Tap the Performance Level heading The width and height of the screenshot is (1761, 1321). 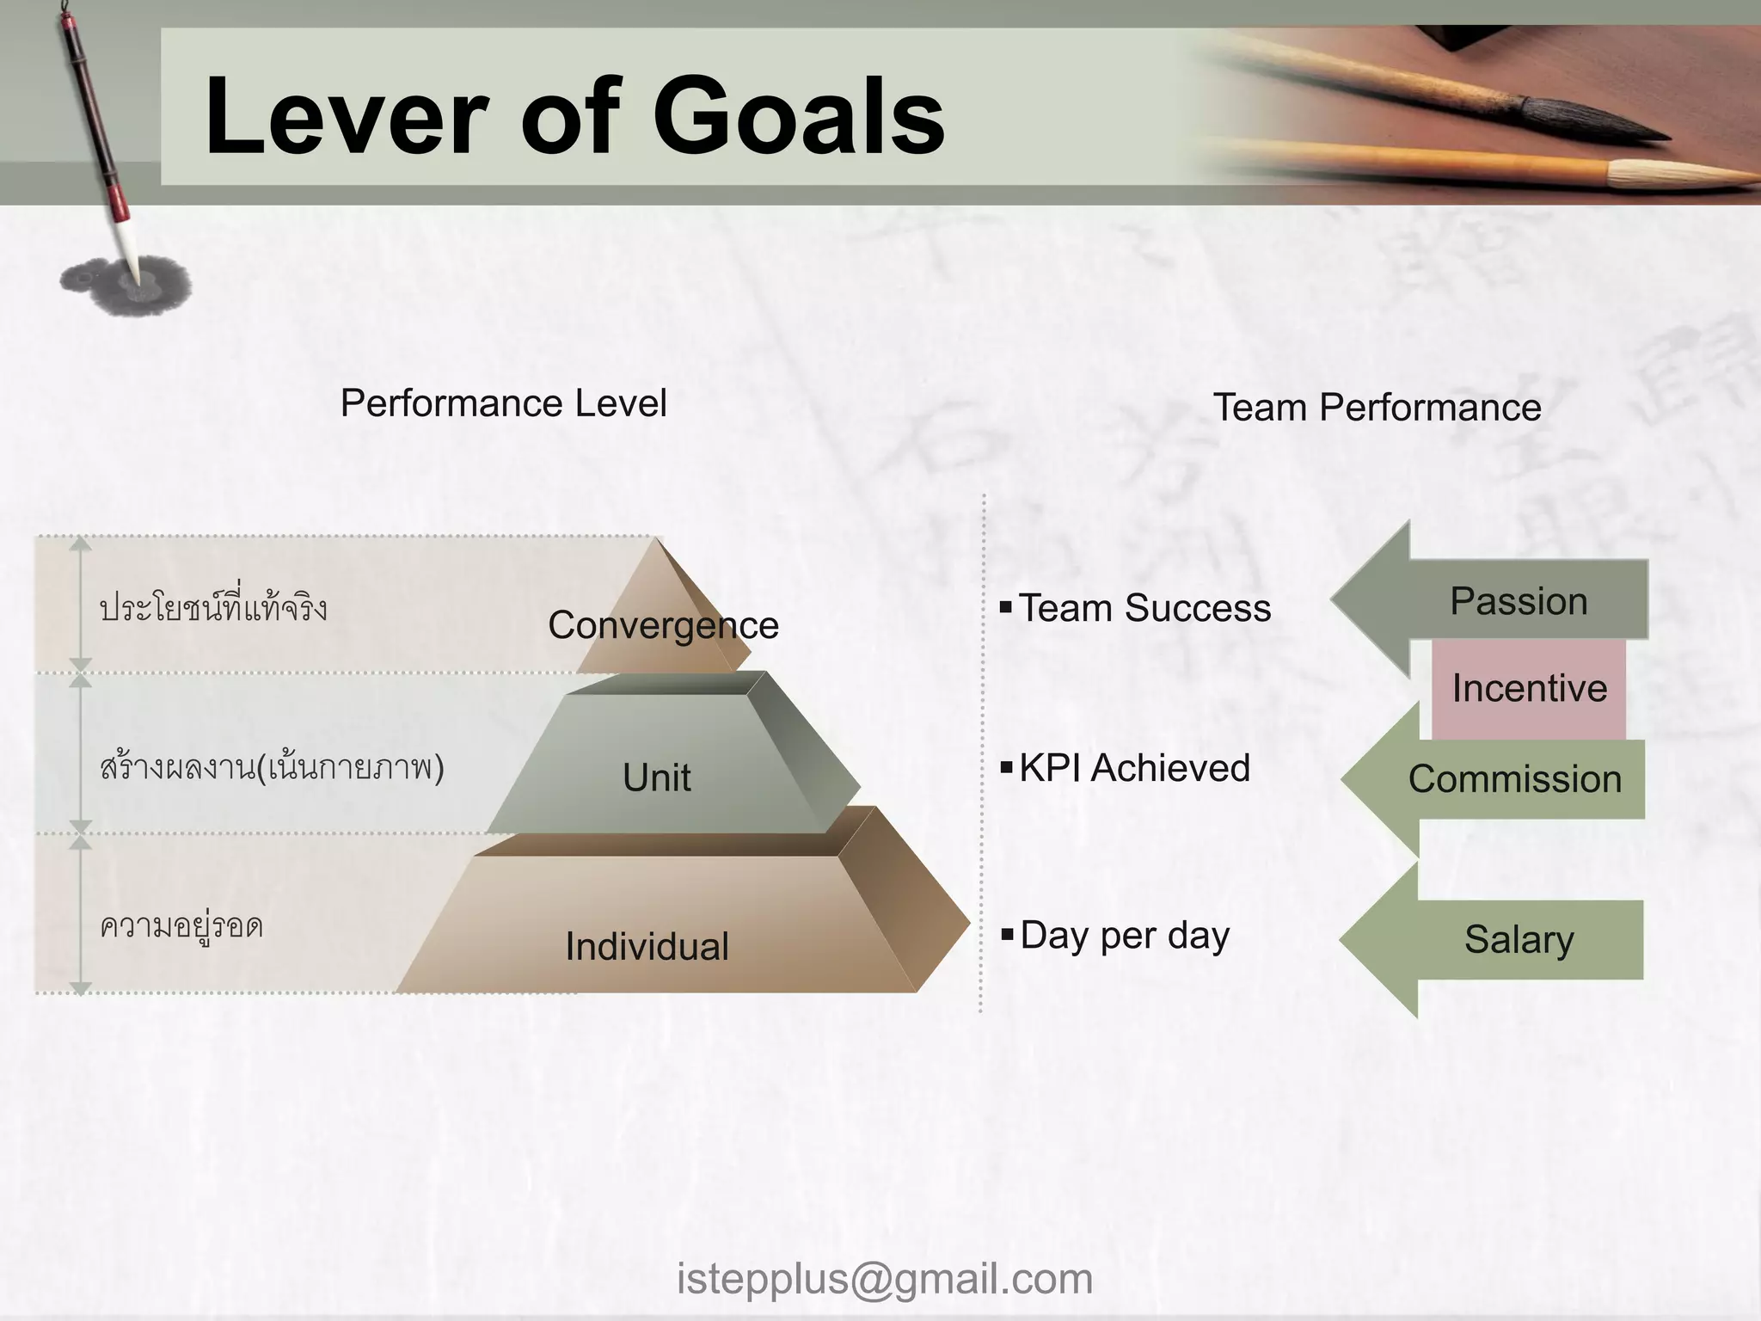point(503,403)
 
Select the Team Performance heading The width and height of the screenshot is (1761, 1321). point(1377,408)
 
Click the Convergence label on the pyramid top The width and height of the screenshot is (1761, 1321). point(663,625)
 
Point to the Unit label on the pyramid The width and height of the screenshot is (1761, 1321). point(656,777)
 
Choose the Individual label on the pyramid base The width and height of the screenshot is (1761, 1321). point(647,946)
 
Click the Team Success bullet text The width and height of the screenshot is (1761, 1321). point(1144,608)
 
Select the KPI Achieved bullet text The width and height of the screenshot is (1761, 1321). point(1134,768)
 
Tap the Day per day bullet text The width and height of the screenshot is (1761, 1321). point(1124,936)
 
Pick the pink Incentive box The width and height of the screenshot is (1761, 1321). point(1529,688)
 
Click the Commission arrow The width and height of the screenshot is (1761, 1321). point(1513,779)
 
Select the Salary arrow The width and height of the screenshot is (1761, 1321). point(1519,939)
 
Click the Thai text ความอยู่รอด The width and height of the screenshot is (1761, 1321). point(181,927)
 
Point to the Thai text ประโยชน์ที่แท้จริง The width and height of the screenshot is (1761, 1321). point(213,607)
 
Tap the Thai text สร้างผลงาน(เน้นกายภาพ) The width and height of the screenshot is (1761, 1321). point(272,767)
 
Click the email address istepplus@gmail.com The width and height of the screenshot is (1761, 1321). point(885,1279)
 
